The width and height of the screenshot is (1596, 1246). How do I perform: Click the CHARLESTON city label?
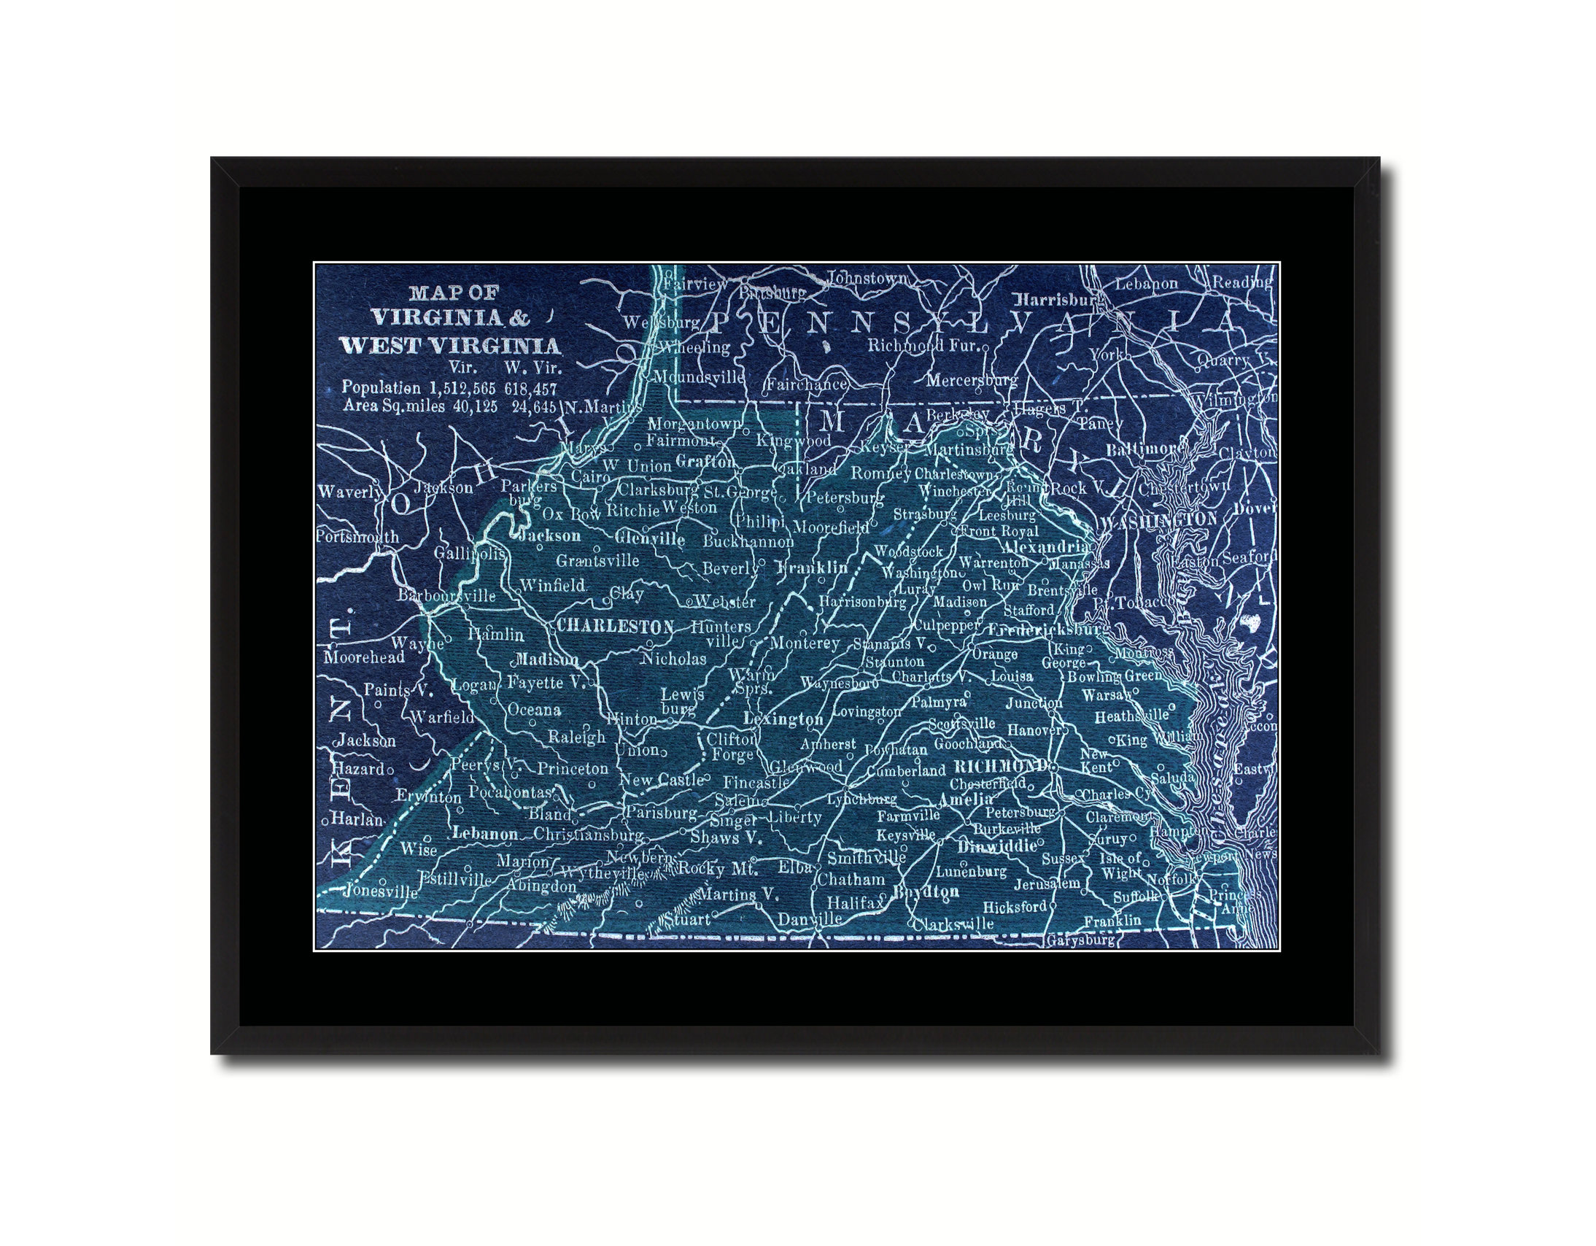tap(616, 627)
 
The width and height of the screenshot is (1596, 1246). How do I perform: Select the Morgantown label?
tap(694, 424)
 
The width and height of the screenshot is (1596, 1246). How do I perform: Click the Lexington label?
tap(783, 719)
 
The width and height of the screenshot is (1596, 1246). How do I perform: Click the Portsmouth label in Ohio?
tap(358, 537)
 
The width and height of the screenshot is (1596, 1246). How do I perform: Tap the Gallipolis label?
tap(469, 552)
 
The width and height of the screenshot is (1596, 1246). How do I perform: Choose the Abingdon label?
tap(542, 886)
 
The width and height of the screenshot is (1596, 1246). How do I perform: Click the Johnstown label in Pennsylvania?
tap(867, 279)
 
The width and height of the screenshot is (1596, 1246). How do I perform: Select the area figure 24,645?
tap(534, 407)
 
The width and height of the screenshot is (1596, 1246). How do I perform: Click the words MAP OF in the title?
tap(453, 293)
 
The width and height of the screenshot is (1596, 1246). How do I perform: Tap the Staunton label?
tap(894, 662)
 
